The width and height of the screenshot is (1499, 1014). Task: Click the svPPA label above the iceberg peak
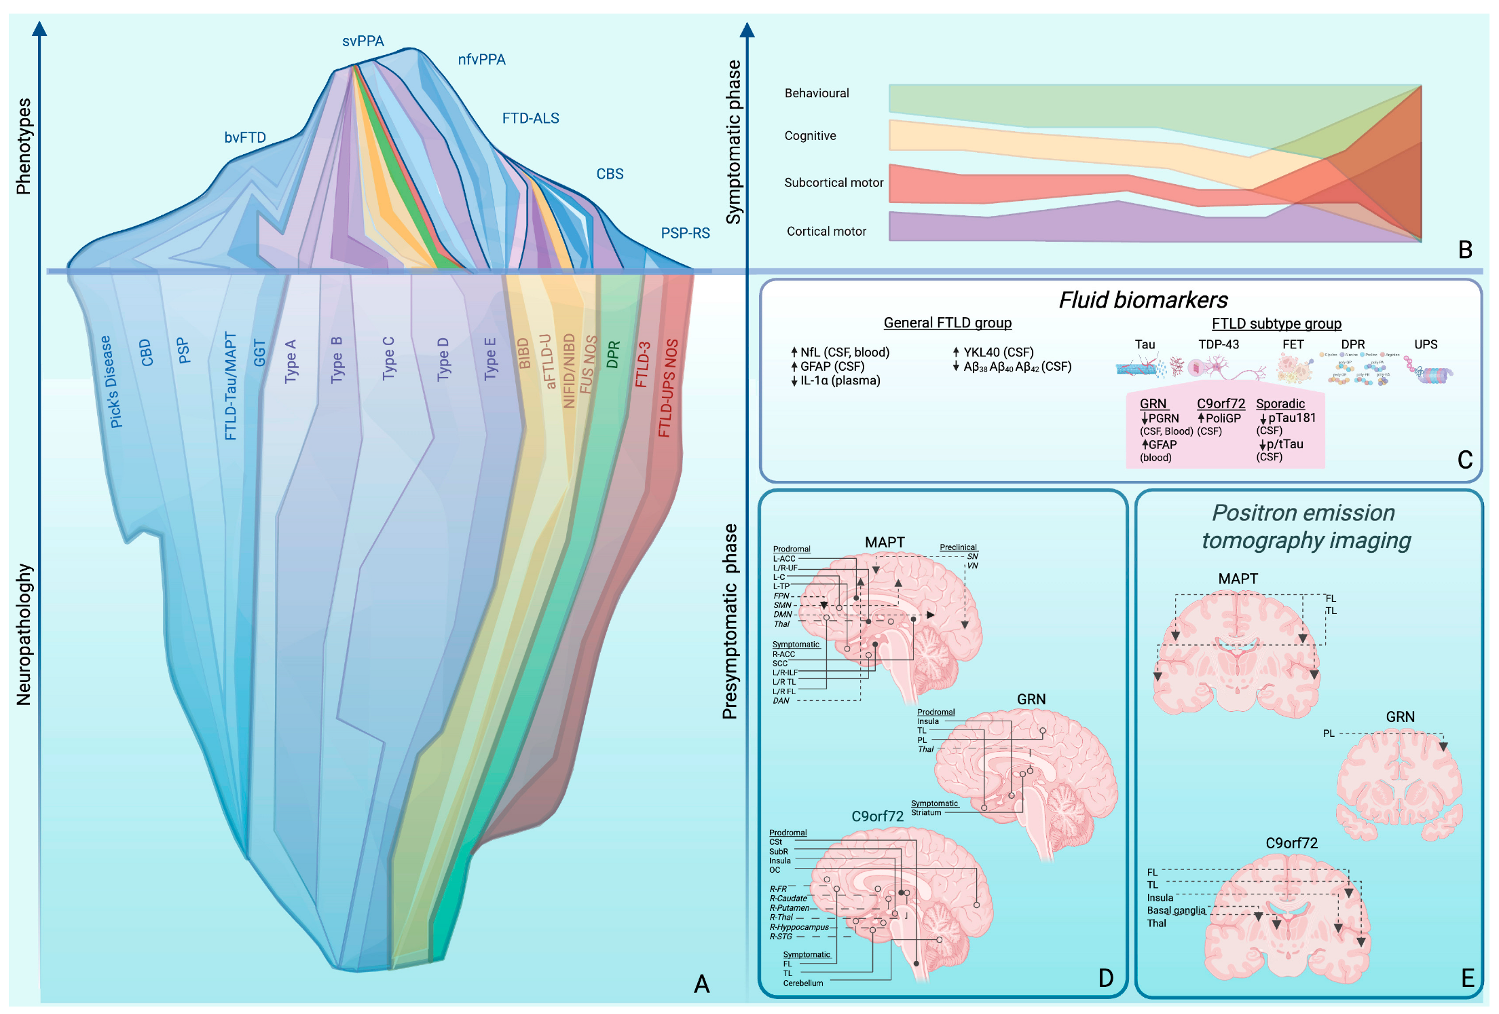point(363,41)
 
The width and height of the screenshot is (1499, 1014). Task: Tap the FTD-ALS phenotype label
point(530,118)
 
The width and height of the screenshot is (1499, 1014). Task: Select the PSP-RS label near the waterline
point(685,234)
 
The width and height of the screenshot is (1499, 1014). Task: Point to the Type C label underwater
point(388,358)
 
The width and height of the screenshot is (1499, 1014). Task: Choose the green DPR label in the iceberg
point(613,355)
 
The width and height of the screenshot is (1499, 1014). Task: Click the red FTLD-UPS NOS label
point(668,388)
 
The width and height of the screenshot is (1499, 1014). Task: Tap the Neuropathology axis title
point(24,634)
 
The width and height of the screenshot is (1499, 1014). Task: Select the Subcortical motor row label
point(834,183)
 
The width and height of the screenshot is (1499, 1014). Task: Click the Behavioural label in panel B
point(817,93)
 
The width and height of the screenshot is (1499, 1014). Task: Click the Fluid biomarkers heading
point(1143,300)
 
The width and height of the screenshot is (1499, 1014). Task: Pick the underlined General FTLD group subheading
point(947,323)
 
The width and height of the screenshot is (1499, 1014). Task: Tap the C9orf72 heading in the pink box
point(1221,403)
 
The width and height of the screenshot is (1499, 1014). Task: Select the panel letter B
point(1465,250)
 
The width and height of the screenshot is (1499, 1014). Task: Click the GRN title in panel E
point(1400,717)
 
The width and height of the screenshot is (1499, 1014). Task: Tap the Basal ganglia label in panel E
point(1176,911)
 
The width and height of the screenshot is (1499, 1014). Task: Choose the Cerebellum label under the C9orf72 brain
point(802,983)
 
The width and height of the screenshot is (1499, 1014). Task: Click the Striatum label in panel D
point(926,812)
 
